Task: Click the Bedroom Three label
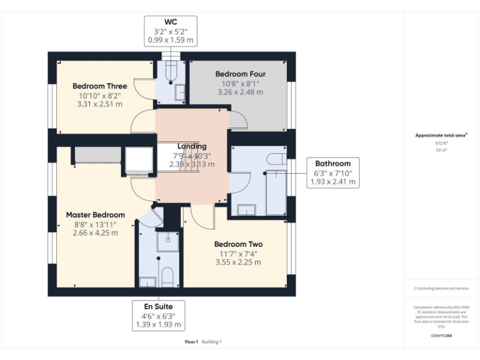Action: (x=99, y=86)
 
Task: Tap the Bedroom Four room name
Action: (x=240, y=74)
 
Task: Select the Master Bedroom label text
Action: (x=96, y=214)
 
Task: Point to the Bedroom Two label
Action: (x=238, y=244)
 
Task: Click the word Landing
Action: (x=191, y=146)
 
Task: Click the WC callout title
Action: (x=170, y=22)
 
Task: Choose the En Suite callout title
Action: (x=158, y=306)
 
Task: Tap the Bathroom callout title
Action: (x=332, y=164)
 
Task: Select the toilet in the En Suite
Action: (x=167, y=276)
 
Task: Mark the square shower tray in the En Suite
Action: (x=167, y=242)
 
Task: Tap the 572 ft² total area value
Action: (x=441, y=143)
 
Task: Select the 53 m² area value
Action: (x=441, y=150)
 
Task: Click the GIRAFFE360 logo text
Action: (x=441, y=336)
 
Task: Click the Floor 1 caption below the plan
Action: (x=191, y=342)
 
